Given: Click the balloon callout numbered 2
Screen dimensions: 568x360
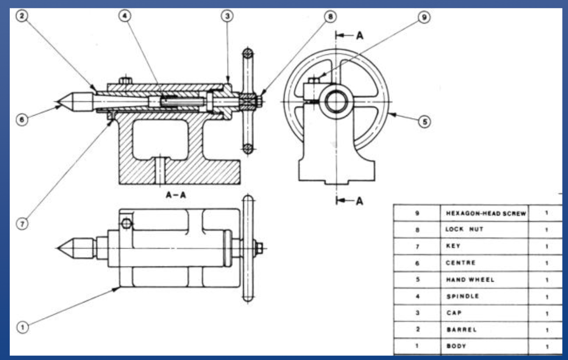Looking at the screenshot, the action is [x=22, y=16].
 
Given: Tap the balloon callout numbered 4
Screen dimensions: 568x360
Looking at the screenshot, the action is [x=125, y=16].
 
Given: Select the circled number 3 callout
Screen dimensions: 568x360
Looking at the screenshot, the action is [x=227, y=16].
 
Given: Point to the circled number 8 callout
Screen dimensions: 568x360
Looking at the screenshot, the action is [x=330, y=17].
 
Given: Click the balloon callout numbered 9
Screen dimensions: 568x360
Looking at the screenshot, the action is [x=424, y=17].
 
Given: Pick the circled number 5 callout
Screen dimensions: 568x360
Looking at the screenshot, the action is [x=424, y=122].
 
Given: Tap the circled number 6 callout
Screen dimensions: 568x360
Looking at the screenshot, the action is [x=22, y=119].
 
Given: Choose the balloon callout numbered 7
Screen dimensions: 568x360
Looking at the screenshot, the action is [x=22, y=224].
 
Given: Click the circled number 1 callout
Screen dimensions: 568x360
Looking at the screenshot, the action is [x=22, y=327].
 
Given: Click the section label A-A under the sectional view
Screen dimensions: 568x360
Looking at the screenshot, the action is [x=176, y=195].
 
